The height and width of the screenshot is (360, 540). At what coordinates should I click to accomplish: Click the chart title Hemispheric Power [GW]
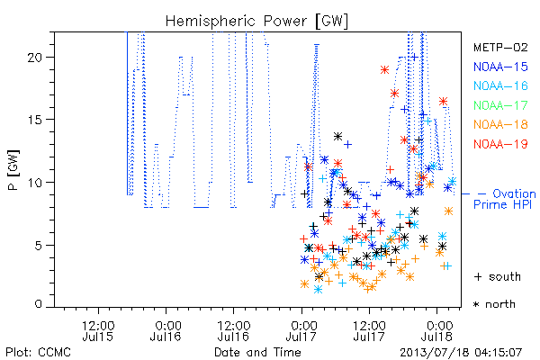[x=256, y=21]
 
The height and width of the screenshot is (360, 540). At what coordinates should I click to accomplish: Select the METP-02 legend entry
[x=500, y=47]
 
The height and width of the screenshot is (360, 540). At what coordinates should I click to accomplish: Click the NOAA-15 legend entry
[x=500, y=67]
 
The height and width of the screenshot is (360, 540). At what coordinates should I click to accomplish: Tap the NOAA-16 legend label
[x=500, y=85]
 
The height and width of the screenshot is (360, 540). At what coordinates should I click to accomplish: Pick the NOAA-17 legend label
[x=500, y=105]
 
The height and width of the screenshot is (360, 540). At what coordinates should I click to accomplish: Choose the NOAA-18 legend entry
[x=500, y=124]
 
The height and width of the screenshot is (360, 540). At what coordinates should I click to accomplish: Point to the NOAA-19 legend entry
[x=500, y=144]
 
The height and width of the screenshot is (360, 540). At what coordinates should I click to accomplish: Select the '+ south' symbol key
[x=498, y=276]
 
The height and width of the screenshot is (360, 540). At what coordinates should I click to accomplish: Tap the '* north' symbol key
[x=494, y=304]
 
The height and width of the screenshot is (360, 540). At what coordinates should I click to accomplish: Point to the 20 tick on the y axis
[x=35, y=58]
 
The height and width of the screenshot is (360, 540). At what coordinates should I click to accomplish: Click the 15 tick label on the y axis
[x=35, y=120]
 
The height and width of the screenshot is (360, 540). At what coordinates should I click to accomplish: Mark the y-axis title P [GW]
[x=14, y=170]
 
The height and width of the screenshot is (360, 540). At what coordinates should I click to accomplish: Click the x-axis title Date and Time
[x=257, y=352]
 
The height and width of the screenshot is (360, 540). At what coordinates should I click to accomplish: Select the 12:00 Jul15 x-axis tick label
[x=98, y=330]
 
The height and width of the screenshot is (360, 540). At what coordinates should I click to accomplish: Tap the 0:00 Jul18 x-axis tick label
[x=437, y=330]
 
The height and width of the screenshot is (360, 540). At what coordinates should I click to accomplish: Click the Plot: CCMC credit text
[x=38, y=352]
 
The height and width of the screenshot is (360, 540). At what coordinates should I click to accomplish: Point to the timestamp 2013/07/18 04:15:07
[x=461, y=353]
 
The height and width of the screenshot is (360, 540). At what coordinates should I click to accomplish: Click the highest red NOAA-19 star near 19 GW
[x=384, y=70]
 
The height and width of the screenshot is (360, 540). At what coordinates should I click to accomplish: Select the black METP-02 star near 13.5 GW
[x=337, y=137]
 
